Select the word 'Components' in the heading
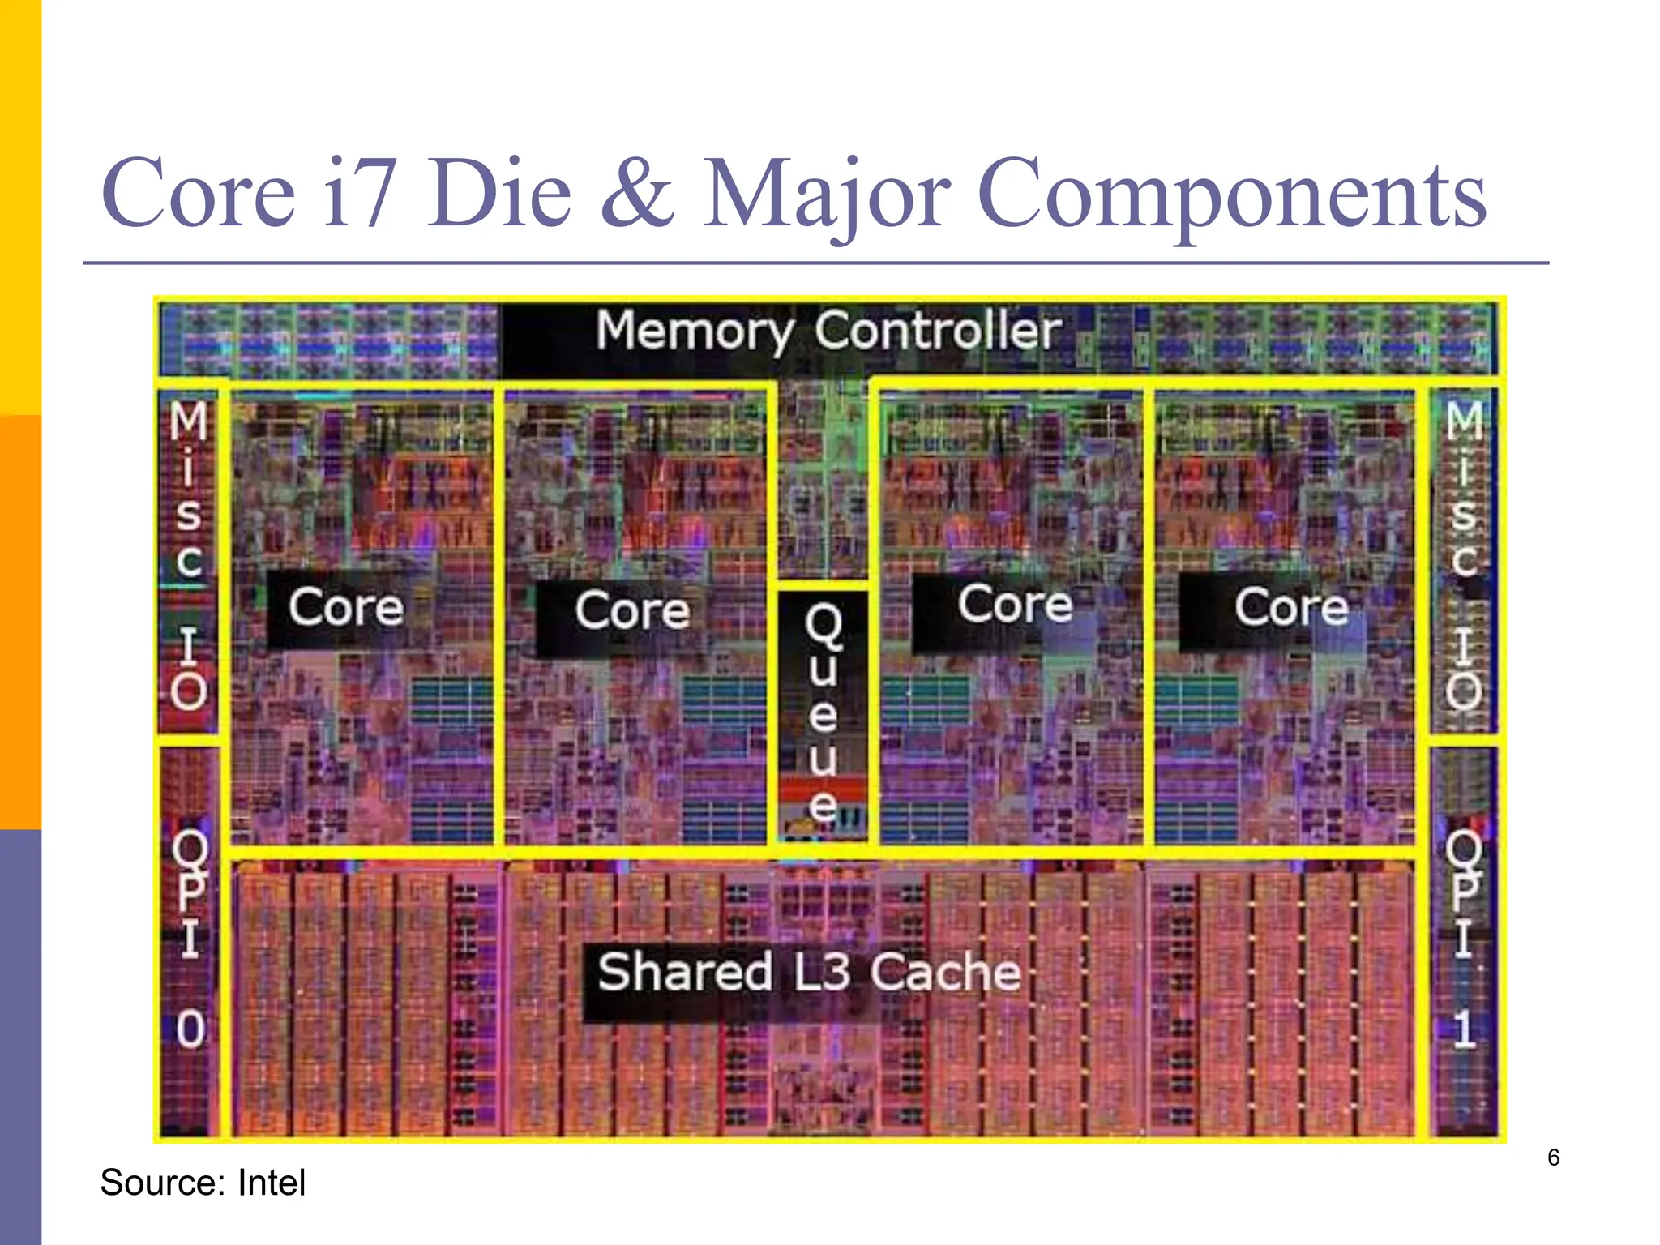[x=1232, y=195]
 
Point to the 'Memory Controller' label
[x=828, y=331]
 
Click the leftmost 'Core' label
[x=346, y=607]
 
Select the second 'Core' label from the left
[x=632, y=610]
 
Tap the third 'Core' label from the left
[x=1015, y=604]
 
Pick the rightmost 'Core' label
[x=1291, y=607]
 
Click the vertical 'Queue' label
[x=823, y=713]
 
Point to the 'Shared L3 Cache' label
[x=809, y=972]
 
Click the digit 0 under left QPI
[x=190, y=1030]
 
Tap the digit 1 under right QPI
[x=1463, y=1030]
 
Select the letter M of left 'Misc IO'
[x=189, y=421]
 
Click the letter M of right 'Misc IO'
[x=1465, y=421]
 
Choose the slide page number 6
[x=1553, y=1157]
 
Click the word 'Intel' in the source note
[x=272, y=1183]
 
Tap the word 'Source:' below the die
[x=163, y=1183]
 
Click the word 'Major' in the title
[x=827, y=195]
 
